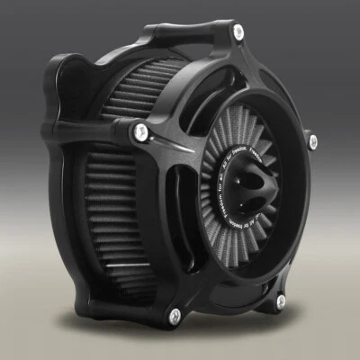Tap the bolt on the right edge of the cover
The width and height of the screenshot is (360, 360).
click(x=312, y=140)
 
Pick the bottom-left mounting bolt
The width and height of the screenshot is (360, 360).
click(x=174, y=315)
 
